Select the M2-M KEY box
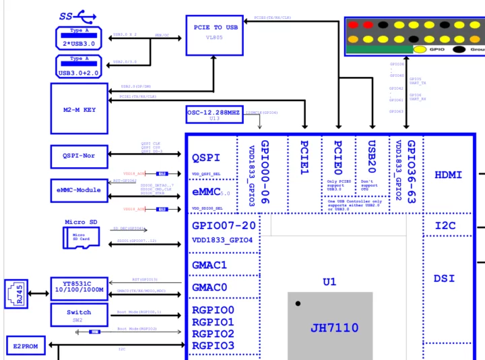pyautogui.click(x=79, y=109)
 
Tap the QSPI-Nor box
pyautogui.click(x=79, y=156)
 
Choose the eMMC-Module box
pyautogui.click(x=79, y=190)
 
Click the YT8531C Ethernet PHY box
pyautogui.click(x=79, y=288)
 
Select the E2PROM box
pyautogui.click(x=26, y=347)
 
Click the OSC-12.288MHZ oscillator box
pyautogui.click(x=214, y=114)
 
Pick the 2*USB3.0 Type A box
pyautogui.click(x=79, y=38)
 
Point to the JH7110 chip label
pyautogui.click(x=334, y=328)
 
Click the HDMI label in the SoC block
pyautogui.click(x=448, y=175)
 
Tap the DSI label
pyautogui.click(x=445, y=278)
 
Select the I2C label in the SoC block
pyautogui.click(x=445, y=226)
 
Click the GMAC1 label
pyautogui.click(x=209, y=266)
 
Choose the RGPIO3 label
pyautogui.click(x=213, y=346)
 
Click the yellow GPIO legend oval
pyautogui.click(x=420, y=49)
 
